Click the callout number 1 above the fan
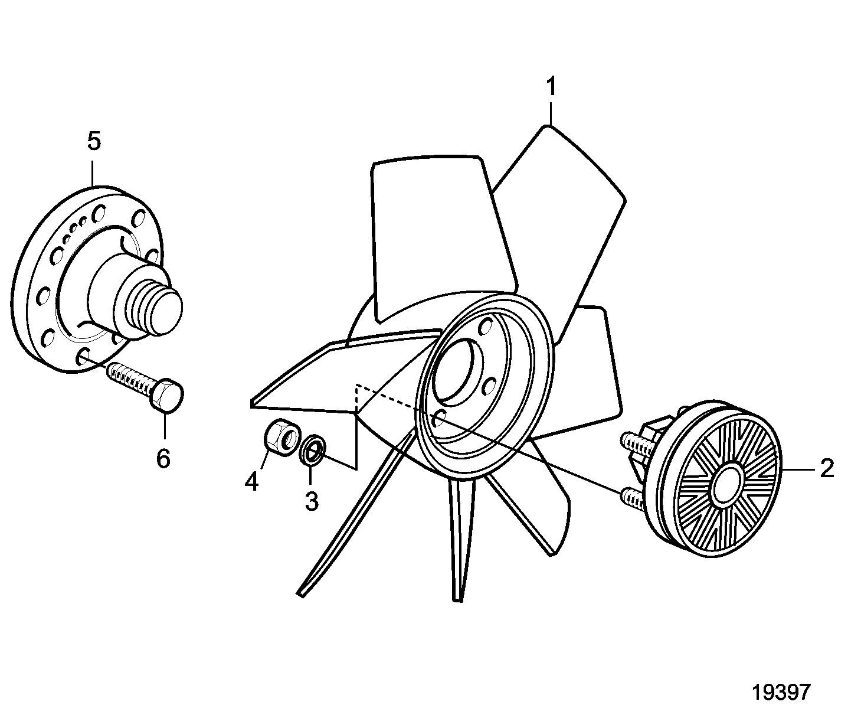(551, 86)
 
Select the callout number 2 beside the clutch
(827, 468)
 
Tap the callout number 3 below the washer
(312, 501)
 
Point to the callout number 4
(251, 481)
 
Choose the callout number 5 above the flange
(94, 141)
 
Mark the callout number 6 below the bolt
(163, 458)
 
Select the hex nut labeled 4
(281, 438)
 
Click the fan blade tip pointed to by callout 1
(552, 126)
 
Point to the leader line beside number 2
(798, 469)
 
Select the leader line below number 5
(94, 174)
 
